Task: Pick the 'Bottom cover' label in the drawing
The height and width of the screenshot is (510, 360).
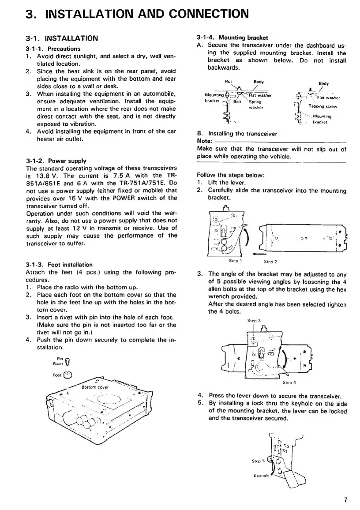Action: coord(96,387)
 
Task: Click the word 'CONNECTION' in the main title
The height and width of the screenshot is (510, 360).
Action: coord(201,13)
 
